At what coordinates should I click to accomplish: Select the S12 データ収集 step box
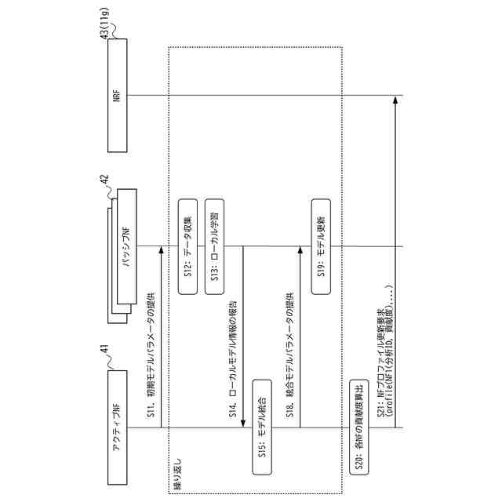pyautogui.click(x=187, y=246)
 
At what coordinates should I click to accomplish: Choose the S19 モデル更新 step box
pyautogui.click(x=322, y=246)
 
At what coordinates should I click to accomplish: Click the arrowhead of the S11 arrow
pyautogui.click(x=160, y=251)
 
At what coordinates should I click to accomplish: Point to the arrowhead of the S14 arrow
pyautogui.click(x=243, y=423)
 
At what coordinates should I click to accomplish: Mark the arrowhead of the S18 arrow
pyautogui.click(x=299, y=251)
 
